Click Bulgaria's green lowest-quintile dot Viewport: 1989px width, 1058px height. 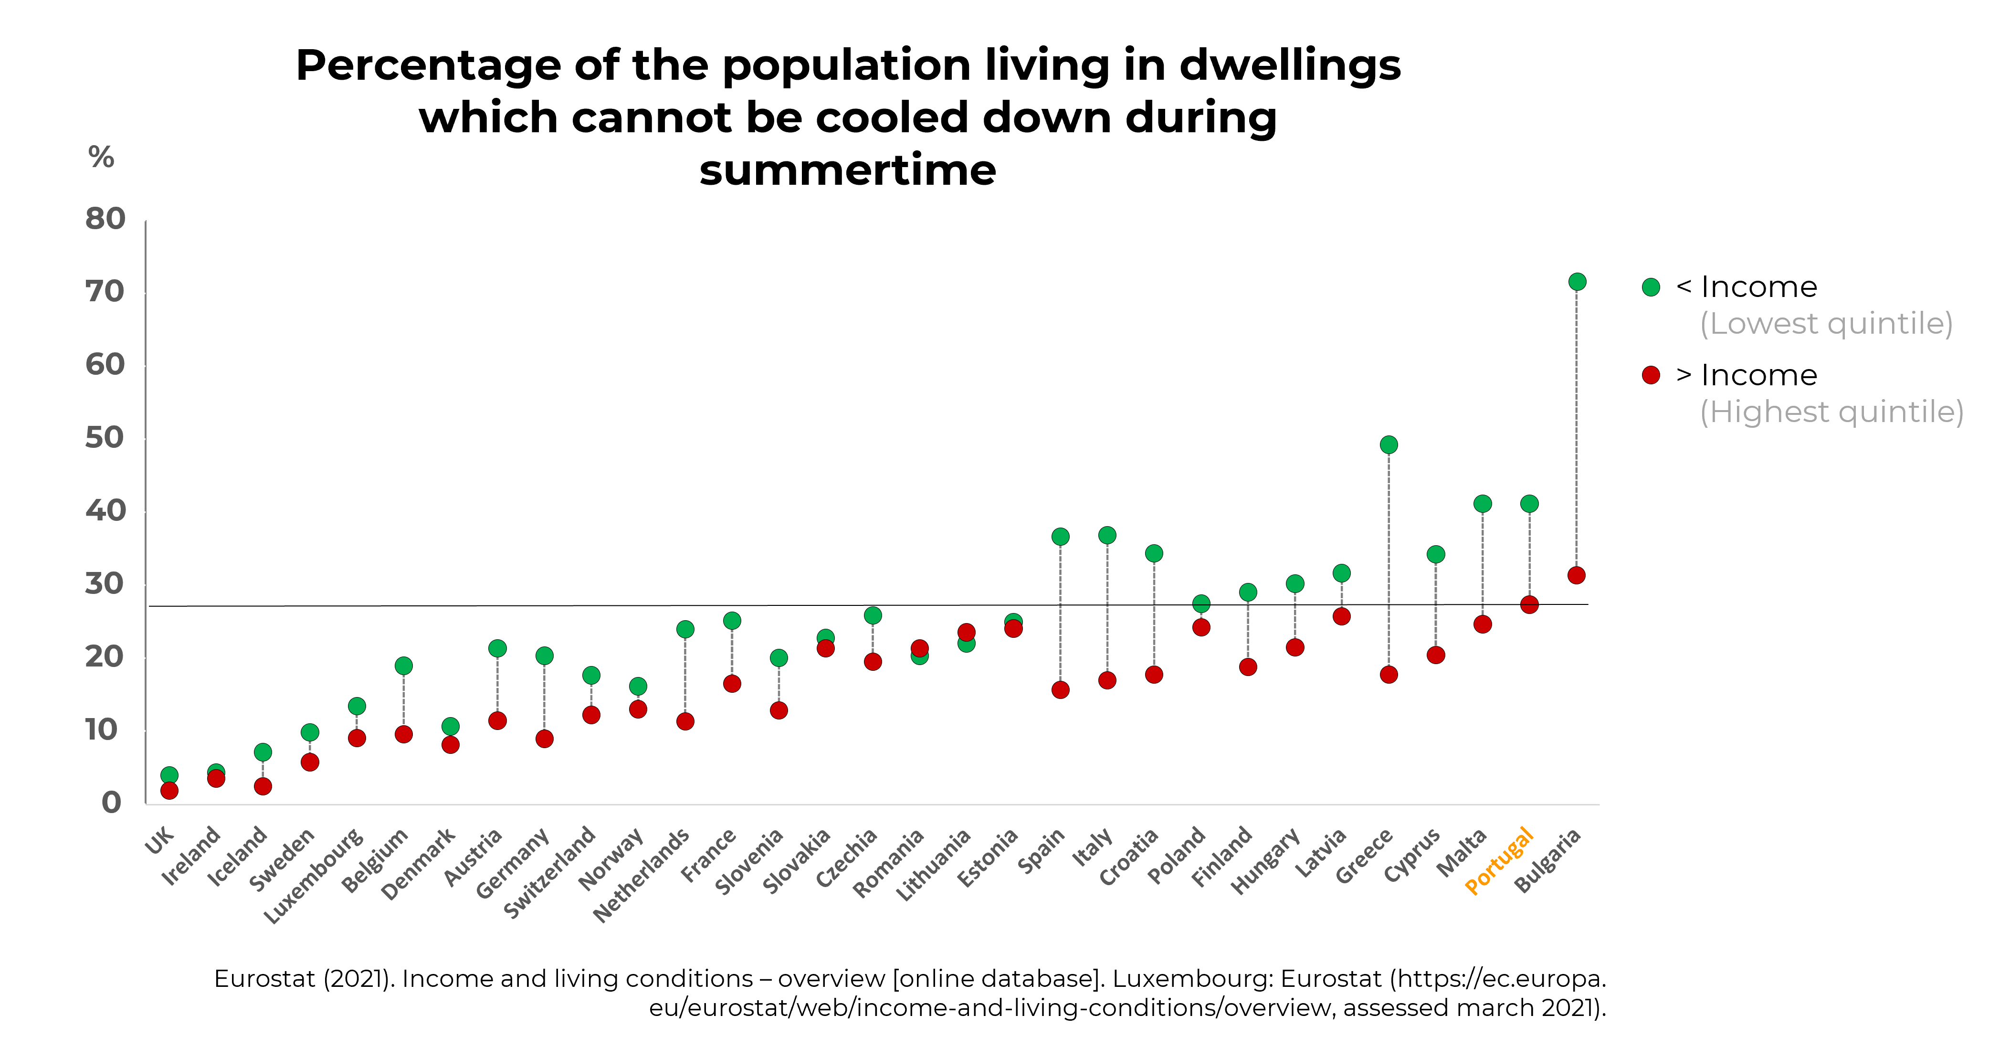tap(1577, 282)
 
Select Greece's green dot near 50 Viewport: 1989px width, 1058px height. tap(1388, 445)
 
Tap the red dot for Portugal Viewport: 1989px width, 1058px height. tap(1529, 605)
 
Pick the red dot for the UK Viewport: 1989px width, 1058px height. tap(169, 790)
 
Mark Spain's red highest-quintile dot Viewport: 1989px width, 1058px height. tap(1060, 689)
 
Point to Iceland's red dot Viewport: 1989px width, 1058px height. tap(263, 786)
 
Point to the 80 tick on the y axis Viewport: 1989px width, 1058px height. tap(105, 219)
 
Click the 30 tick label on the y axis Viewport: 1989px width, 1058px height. tap(105, 584)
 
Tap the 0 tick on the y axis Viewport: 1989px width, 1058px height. tap(112, 803)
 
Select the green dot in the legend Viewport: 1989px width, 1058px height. tap(1651, 287)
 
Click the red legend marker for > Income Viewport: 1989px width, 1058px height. tap(1651, 375)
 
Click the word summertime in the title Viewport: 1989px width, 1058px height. tap(848, 170)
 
